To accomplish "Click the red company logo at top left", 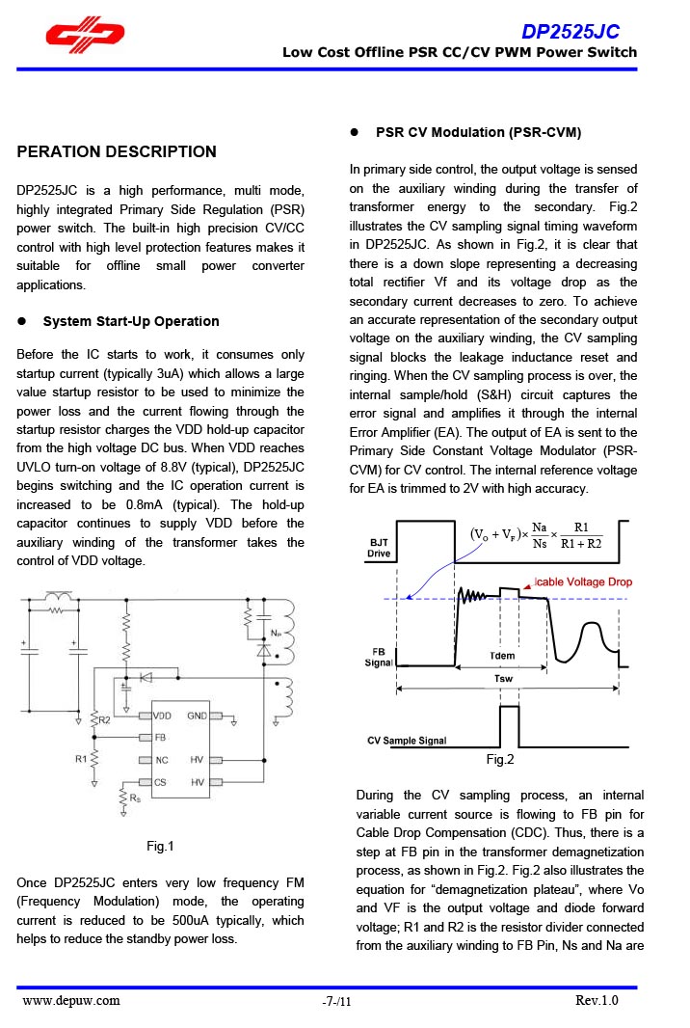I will (86, 34).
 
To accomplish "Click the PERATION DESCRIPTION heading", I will (117, 151).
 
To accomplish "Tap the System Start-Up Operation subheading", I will (131, 321).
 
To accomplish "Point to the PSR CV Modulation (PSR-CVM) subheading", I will (478, 132).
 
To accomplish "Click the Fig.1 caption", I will (160, 847).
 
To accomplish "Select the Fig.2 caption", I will (500, 760).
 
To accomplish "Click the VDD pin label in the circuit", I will (163, 717).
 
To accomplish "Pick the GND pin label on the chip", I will (198, 717).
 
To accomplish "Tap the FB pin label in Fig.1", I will (160, 737).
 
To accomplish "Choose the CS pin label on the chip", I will (161, 782).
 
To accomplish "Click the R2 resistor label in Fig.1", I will (105, 720).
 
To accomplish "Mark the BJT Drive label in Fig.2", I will (380, 548).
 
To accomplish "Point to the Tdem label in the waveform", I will (502, 656).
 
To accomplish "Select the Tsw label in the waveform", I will (502, 678).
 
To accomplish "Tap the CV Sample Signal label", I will (407, 741).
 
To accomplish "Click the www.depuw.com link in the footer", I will (71, 1000).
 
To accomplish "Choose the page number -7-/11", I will (337, 1002).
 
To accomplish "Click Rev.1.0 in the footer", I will (597, 1000).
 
